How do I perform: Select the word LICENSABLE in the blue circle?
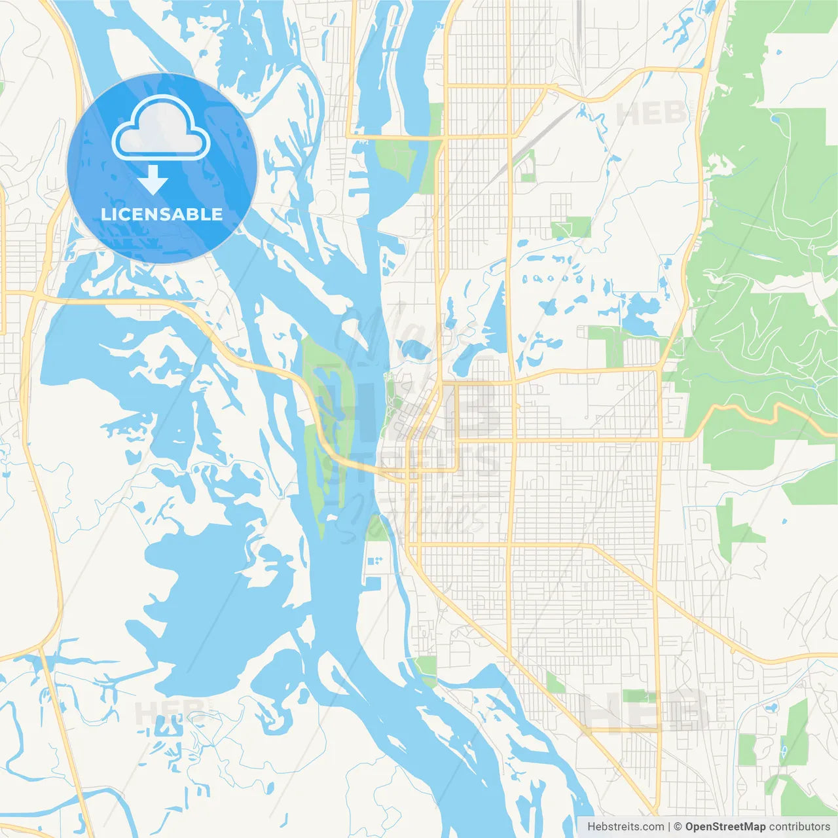pyautogui.click(x=162, y=214)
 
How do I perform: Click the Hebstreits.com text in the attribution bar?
pyautogui.click(x=625, y=827)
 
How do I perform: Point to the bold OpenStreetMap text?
pyautogui.click(x=725, y=827)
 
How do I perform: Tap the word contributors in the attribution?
pyautogui.click(x=799, y=827)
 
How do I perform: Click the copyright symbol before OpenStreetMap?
pyautogui.click(x=678, y=827)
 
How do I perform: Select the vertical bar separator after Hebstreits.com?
pyautogui.click(x=669, y=827)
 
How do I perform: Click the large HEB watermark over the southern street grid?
pyautogui.click(x=645, y=712)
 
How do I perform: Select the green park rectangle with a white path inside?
pyautogui.click(x=571, y=227)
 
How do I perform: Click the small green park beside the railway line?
pyautogui.click(x=527, y=166)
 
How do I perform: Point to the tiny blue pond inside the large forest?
pyautogui.click(x=776, y=118)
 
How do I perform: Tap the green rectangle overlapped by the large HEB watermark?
pyautogui.click(x=638, y=695)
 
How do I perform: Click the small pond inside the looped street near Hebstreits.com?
pyautogui.click(x=770, y=708)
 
